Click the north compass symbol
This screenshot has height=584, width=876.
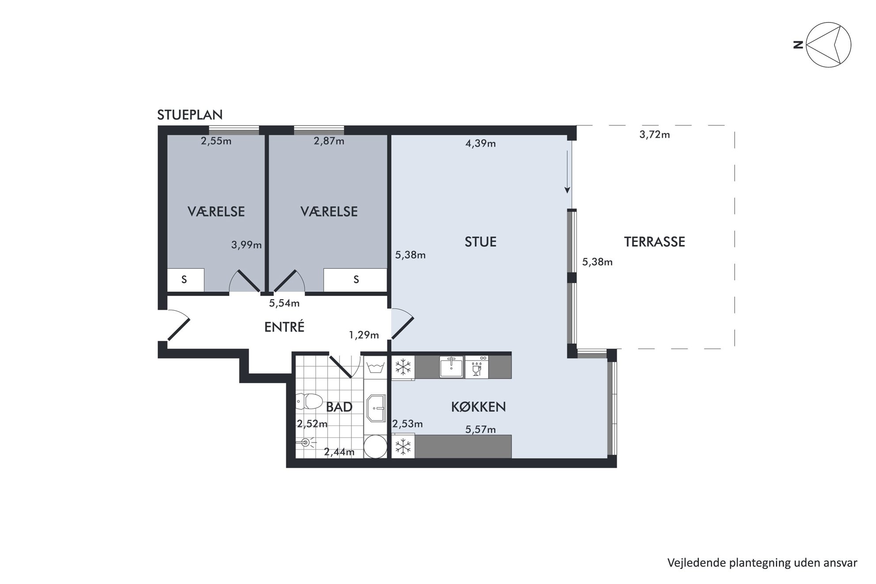point(828,45)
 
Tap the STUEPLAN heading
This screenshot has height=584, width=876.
point(190,115)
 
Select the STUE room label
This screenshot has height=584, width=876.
point(480,241)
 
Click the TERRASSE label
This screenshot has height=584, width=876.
point(654,241)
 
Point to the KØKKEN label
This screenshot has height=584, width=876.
point(478,407)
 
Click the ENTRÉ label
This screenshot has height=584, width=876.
point(284,327)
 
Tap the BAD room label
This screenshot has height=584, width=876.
point(339,407)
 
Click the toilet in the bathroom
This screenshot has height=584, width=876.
point(308,402)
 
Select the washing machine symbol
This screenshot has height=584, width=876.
point(375,367)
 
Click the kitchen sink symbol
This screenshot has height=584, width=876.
point(451,367)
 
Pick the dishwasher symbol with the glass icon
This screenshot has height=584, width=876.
point(477,367)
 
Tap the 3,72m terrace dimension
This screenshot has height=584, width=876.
point(654,135)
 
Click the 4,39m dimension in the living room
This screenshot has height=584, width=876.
point(480,143)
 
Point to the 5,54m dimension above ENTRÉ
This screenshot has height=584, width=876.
point(284,303)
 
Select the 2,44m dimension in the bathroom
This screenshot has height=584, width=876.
point(339,452)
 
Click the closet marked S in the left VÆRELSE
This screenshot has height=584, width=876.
point(185,280)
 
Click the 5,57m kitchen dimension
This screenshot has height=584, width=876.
point(480,430)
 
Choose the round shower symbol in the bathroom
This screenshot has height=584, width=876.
point(376,446)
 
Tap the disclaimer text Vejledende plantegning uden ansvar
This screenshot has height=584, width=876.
point(762,563)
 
